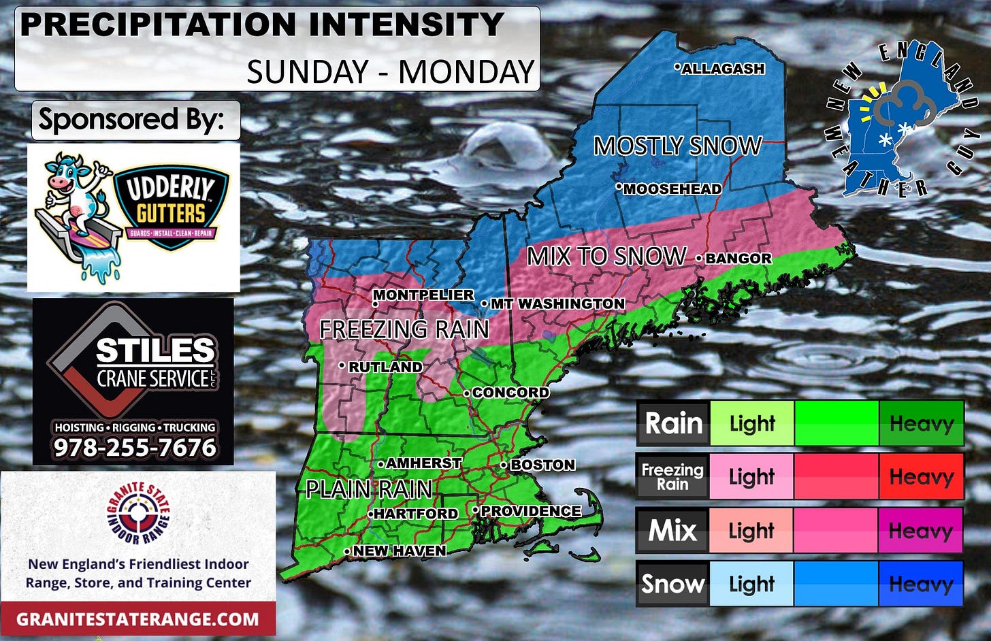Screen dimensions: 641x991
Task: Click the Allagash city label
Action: pyautogui.click(x=723, y=69)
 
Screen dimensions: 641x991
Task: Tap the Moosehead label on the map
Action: pyautogui.click(x=672, y=189)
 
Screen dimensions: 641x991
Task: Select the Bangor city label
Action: pyautogui.click(x=738, y=259)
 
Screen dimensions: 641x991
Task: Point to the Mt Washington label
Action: pyautogui.click(x=557, y=303)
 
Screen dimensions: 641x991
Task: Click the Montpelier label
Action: pyautogui.click(x=423, y=295)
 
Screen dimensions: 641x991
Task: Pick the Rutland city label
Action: pyautogui.click(x=385, y=367)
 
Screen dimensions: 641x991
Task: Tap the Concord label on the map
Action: pyautogui.click(x=510, y=393)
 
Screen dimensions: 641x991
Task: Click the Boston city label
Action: pyautogui.click(x=542, y=465)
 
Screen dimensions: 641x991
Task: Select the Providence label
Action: pyautogui.click(x=530, y=511)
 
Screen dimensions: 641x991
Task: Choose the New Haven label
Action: pyautogui.click(x=399, y=550)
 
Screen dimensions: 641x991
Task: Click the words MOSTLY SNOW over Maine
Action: pyautogui.click(x=677, y=146)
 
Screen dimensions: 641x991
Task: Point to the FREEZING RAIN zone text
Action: pyautogui.click(x=404, y=329)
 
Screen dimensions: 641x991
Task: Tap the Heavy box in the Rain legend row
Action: pyautogui.click(x=921, y=423)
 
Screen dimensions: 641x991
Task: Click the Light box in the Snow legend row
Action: pyautogui.click(x=751, y=584)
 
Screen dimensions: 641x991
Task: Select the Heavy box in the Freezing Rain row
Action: pyautogui.click(x=921, y=476)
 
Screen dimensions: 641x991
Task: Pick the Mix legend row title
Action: pyautogui.click(x=672, y=530)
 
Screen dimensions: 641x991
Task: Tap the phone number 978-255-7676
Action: pyautogui.click(x=135, y=448)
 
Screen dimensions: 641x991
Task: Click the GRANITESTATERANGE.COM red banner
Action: pyautogui.click(x=137, y=619)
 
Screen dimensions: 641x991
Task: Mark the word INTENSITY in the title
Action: pyautogui.click(x=406, y=25)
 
